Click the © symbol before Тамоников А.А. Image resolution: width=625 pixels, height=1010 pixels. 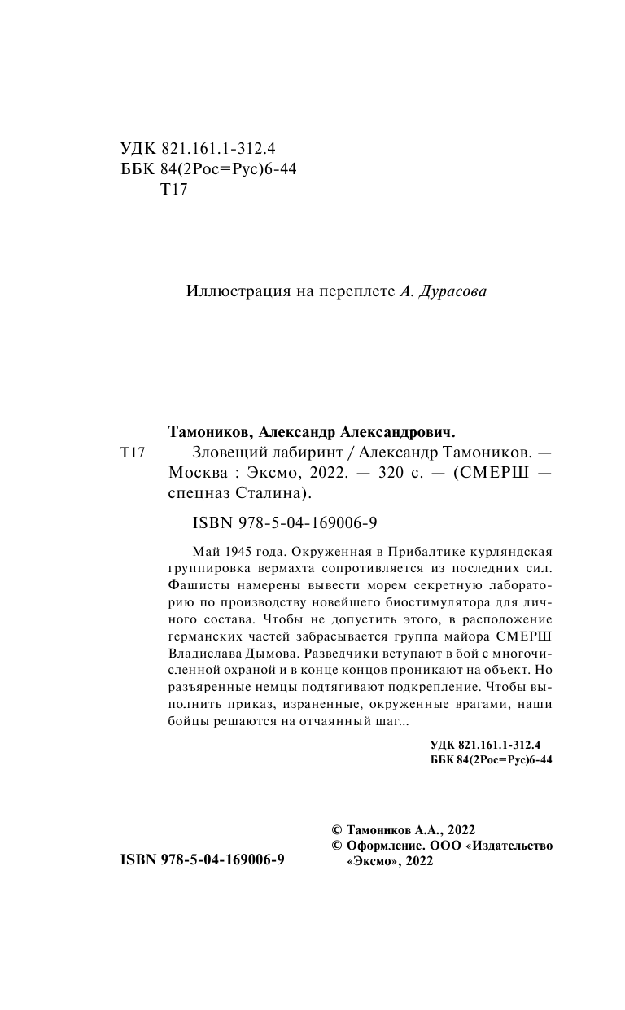click(337, 829)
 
